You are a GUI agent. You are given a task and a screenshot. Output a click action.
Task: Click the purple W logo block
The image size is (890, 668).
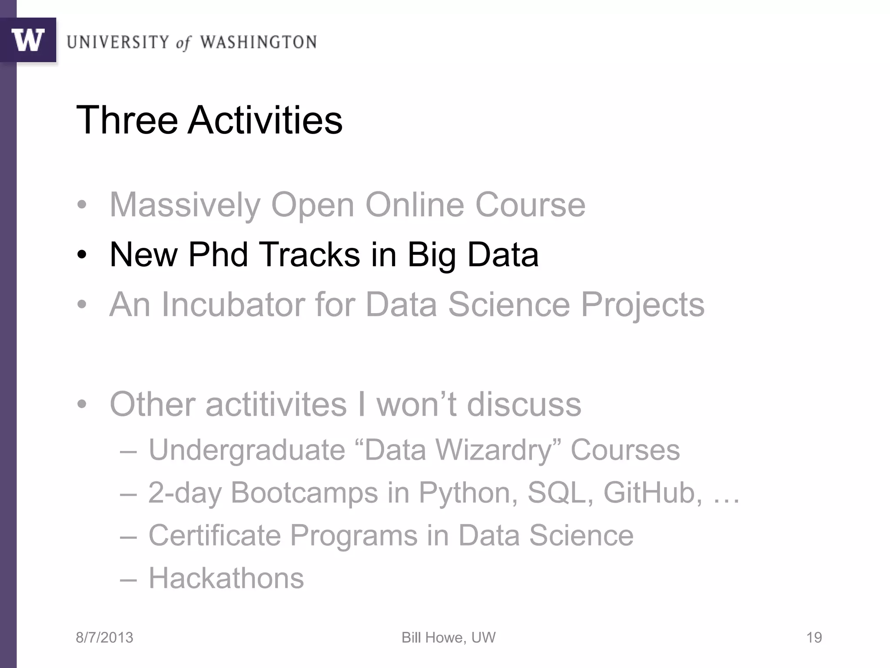(28, 40)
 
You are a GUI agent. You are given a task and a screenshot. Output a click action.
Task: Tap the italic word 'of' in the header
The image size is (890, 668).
(183, 43)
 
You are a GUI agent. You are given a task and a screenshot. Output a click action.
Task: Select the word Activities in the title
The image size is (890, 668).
(265, 120)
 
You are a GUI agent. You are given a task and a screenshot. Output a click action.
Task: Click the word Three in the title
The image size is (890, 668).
(127, 120)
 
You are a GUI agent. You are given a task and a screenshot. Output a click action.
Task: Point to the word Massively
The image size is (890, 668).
(185, 205)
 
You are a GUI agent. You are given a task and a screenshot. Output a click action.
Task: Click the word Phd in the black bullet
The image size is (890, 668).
(218, 254)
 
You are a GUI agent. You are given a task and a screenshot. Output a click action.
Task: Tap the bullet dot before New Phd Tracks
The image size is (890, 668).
(82, 255)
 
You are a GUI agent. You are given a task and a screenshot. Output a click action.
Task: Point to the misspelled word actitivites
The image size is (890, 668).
(276, 404)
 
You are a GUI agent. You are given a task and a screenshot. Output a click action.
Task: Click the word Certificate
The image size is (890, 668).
(215, 535)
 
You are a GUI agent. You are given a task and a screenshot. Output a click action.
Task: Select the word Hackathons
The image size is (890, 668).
(226, 578)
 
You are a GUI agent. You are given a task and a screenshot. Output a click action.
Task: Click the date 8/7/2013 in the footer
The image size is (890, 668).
(104, 638)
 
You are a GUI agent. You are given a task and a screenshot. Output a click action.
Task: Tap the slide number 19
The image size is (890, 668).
(814, 638)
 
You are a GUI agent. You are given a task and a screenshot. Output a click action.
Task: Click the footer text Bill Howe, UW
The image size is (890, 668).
(448, 638)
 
